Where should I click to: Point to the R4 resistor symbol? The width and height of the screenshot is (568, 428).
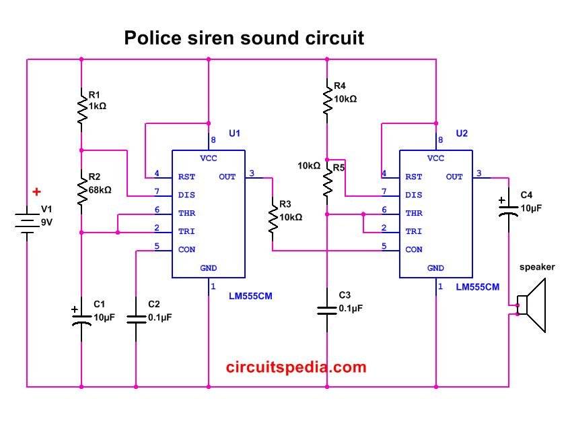327,96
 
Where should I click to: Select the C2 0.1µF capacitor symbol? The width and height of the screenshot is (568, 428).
136,319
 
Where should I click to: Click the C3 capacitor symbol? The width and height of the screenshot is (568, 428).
327,311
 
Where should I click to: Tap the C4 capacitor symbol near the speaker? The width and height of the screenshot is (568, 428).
509,210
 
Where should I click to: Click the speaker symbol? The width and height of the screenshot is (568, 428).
532,305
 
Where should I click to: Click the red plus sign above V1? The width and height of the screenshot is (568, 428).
36,191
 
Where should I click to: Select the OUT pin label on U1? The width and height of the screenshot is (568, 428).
227,177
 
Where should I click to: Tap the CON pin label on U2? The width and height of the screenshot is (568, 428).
414,249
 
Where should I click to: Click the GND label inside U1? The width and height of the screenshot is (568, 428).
209,268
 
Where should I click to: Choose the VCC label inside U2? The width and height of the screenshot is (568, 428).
435,158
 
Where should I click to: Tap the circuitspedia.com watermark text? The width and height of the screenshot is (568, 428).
296,367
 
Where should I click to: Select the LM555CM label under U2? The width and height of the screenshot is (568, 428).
477,287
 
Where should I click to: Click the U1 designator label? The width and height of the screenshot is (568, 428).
234,133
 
